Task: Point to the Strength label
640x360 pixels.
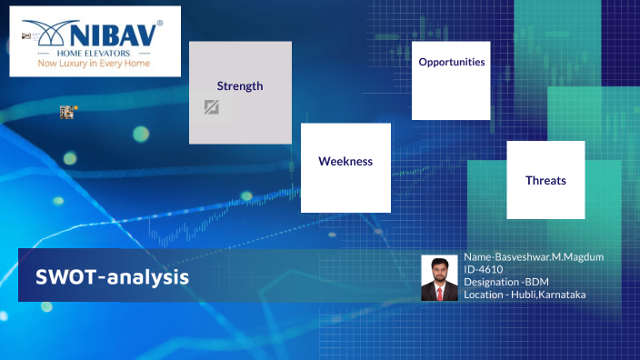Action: point(240,86)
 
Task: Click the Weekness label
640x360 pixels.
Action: point(345,161)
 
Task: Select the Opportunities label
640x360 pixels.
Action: point(451,63)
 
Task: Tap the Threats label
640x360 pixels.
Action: point(545,181)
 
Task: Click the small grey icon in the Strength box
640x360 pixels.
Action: point(211,108)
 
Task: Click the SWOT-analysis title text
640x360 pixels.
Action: point(113,276)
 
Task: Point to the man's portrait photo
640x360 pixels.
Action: point(439,277)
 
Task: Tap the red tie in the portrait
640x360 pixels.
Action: point(439,293)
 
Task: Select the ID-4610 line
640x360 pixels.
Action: point(484,270)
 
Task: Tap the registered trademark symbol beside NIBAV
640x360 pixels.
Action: point(160,23)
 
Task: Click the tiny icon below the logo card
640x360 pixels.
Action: point(66,112)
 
